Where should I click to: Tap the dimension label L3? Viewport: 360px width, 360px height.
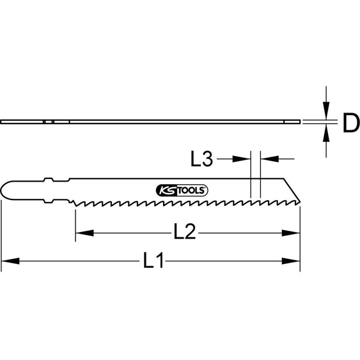pos(202,159)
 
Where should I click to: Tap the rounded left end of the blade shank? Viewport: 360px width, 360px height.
pos(5,190)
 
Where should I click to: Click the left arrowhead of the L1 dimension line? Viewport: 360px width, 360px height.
pos(8,261)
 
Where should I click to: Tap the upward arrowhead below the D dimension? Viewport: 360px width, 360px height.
pos(327,132)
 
